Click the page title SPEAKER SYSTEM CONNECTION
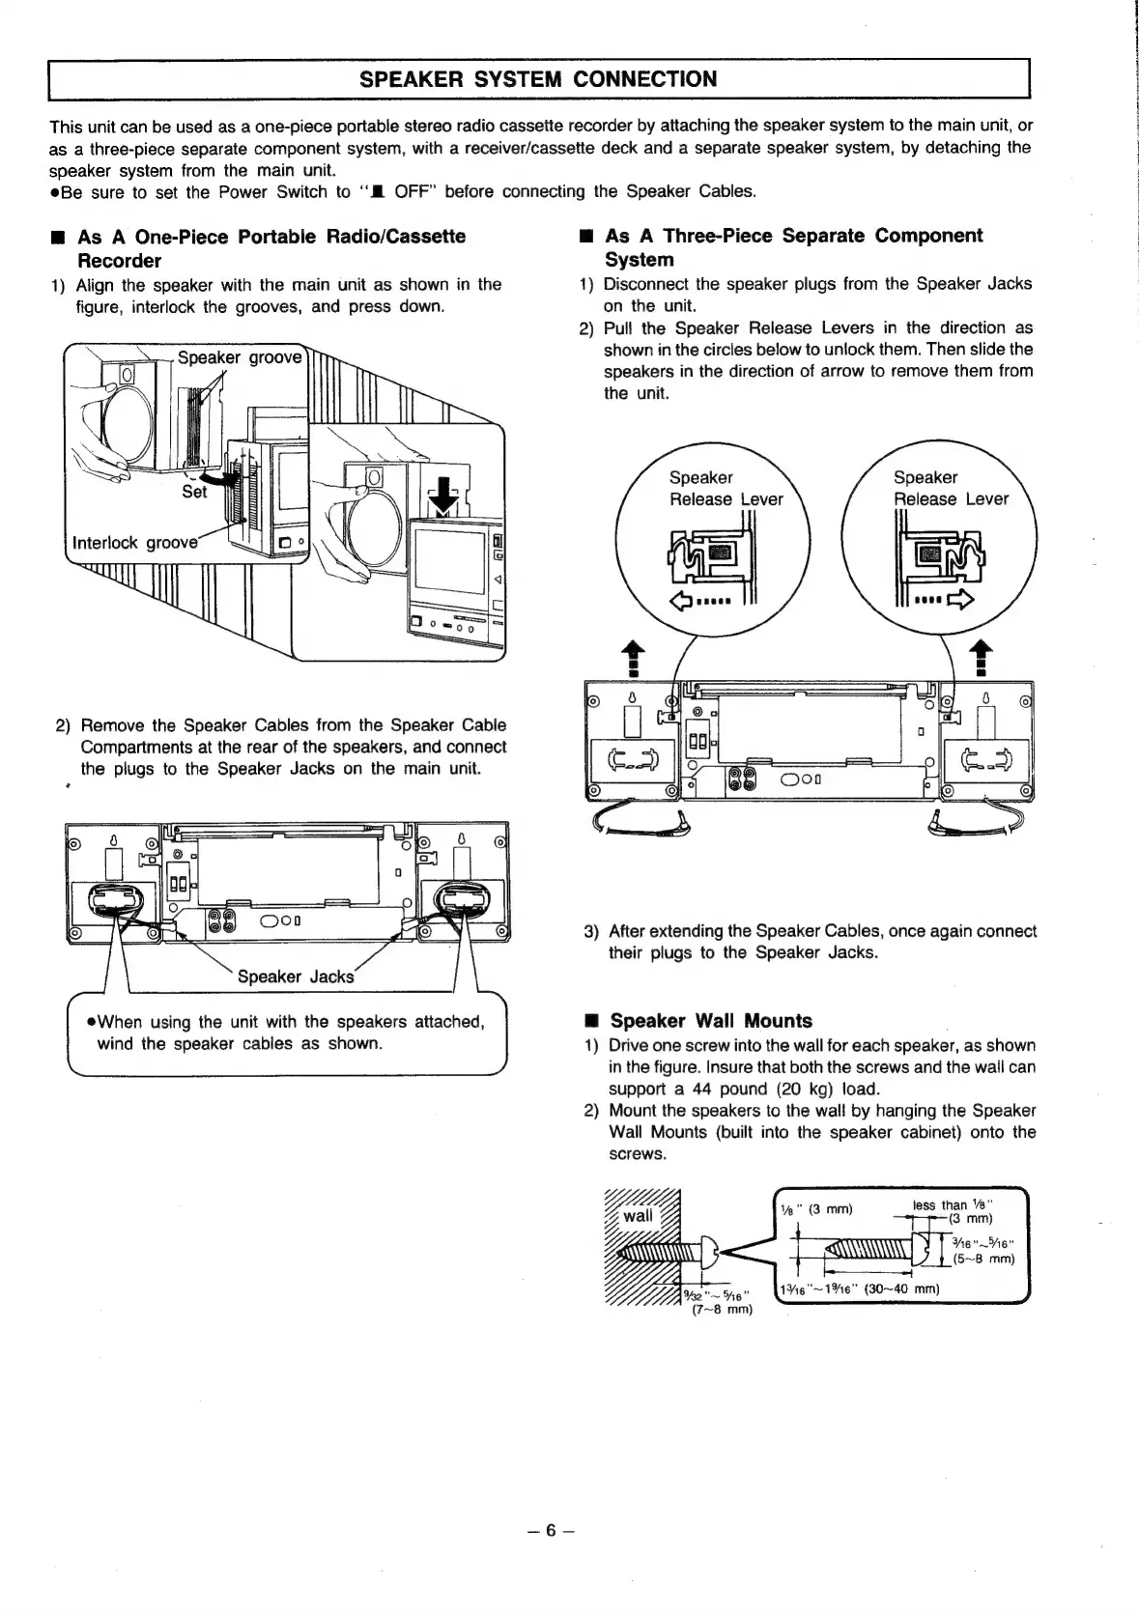538,79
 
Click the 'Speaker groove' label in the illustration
240,357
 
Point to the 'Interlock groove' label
134,542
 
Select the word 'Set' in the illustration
194,492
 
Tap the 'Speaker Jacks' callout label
295,977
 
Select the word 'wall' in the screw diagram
638,1215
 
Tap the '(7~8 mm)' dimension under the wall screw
722,1309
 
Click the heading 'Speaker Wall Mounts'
711,1021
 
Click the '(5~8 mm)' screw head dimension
982,1259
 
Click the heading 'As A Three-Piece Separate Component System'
792,247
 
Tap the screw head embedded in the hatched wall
703,1253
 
